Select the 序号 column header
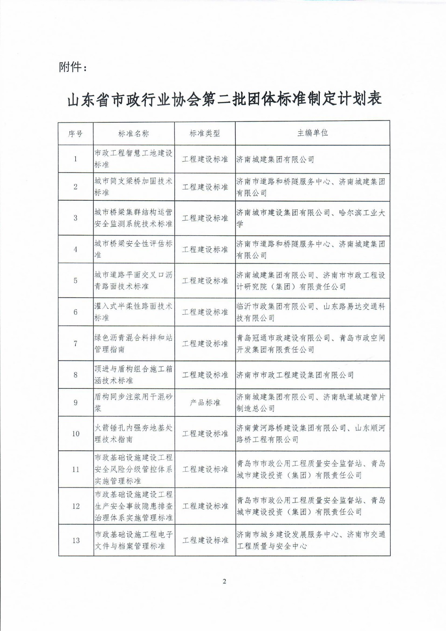point(75,134)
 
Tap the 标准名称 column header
point(134,134)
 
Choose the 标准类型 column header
point(205,134)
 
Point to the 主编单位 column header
point(312,133)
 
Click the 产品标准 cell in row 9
point(205,403)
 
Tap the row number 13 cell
point(76,540)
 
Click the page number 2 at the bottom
point(224,581)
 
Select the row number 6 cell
point(76,312)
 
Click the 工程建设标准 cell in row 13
point(205,540)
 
